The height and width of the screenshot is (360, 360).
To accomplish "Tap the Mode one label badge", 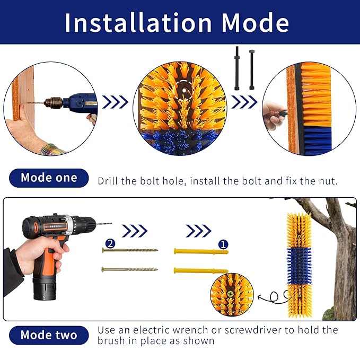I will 49,178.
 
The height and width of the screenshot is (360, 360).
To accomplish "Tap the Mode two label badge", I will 49,335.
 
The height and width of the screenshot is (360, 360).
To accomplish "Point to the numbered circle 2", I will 110,244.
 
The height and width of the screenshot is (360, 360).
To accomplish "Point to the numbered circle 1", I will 224,244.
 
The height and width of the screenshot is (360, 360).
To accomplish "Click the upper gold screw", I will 130,250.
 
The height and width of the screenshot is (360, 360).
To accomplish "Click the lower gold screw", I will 130,269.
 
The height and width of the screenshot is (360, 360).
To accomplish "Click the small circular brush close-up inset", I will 232,295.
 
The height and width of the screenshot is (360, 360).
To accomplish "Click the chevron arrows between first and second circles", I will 115,102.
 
